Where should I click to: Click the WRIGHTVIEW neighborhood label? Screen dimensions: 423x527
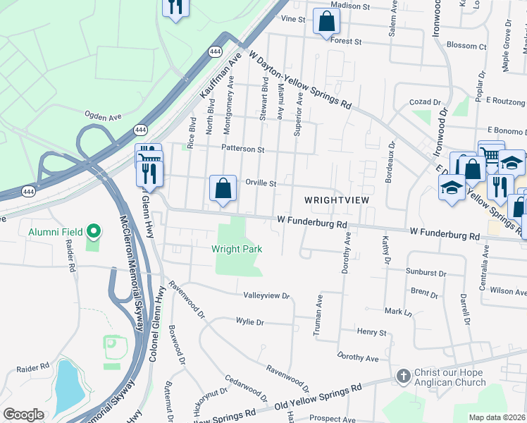pos(337,200)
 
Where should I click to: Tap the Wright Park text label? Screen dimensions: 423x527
pos(237,249)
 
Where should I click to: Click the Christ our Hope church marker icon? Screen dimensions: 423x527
pos(403,376)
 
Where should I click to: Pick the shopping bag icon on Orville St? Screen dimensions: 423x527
pos(223,188)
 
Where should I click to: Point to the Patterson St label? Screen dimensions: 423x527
pos(242,149)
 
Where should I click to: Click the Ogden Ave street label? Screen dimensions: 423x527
pos(104,114)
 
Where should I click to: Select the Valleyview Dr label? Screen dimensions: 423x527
pos(266,295)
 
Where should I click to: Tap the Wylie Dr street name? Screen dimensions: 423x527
pos(249,322)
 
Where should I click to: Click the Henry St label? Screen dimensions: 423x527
pos(372,332)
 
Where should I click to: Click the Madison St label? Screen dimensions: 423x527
pos(350,6)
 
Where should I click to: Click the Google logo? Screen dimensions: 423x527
pos(23,415)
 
